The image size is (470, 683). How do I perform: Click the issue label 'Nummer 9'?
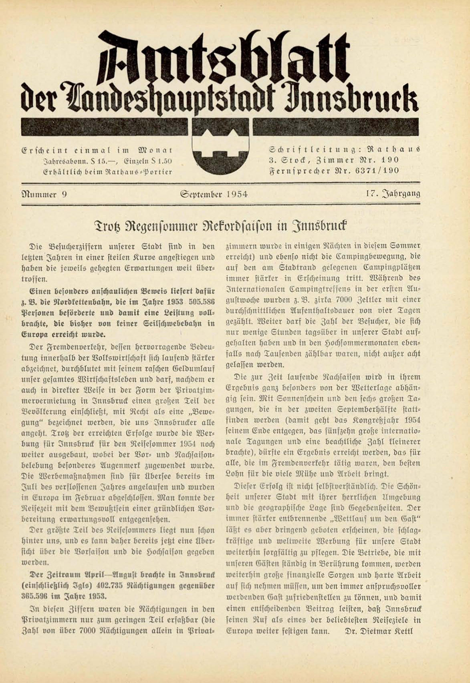pos(44,195)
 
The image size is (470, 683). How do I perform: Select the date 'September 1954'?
pos(214,195)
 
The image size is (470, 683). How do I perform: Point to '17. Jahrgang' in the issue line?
pos(393,194)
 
